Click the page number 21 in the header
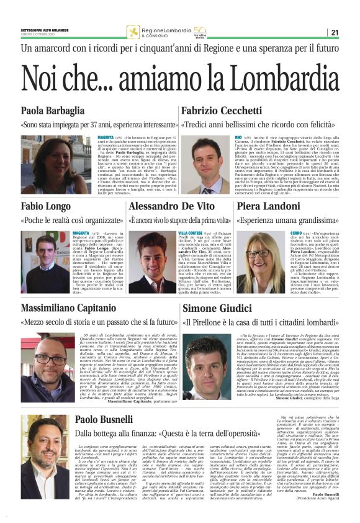[351, 32]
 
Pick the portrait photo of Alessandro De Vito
[150, 261]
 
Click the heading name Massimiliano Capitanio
[77, 309]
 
